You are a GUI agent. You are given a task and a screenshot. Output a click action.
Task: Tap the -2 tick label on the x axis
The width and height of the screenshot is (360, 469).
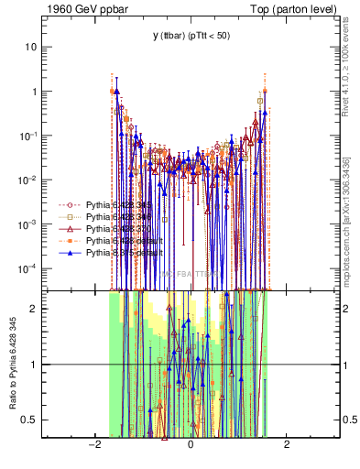(x=93, y=444)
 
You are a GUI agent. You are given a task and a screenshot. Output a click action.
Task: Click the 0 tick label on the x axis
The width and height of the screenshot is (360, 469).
(x=191, y=444)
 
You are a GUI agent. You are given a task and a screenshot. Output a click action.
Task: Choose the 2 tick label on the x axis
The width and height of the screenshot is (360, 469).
(x=287, y=444)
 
